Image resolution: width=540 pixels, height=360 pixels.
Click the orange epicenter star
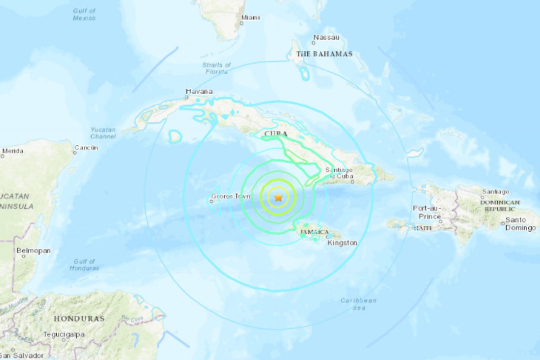tap(279, 197)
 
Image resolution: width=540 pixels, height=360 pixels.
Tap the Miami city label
tap(250, 18)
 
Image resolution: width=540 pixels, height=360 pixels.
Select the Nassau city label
tap(327, 37)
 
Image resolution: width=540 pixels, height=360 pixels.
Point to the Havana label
tap(199, 92)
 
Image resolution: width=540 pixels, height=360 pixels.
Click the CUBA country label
tap(276, 134)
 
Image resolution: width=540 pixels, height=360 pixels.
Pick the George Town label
tap(230, 196)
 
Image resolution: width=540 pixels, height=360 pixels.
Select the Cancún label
tap(86, 148)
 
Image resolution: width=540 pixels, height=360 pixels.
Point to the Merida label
tap(12, 151)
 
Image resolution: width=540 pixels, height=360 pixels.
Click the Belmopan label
tap(33, 251)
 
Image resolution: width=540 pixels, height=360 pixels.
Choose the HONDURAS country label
tap(79, 319)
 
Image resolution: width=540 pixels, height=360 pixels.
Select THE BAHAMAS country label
tap(324, 54)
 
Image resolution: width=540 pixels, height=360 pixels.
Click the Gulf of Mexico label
tap(85, 14)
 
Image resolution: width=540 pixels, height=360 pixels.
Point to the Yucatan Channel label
tap(103, 133)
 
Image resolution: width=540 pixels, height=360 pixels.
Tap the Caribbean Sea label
tap(358, 304)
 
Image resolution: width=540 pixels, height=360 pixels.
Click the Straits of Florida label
tap(216, 68)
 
